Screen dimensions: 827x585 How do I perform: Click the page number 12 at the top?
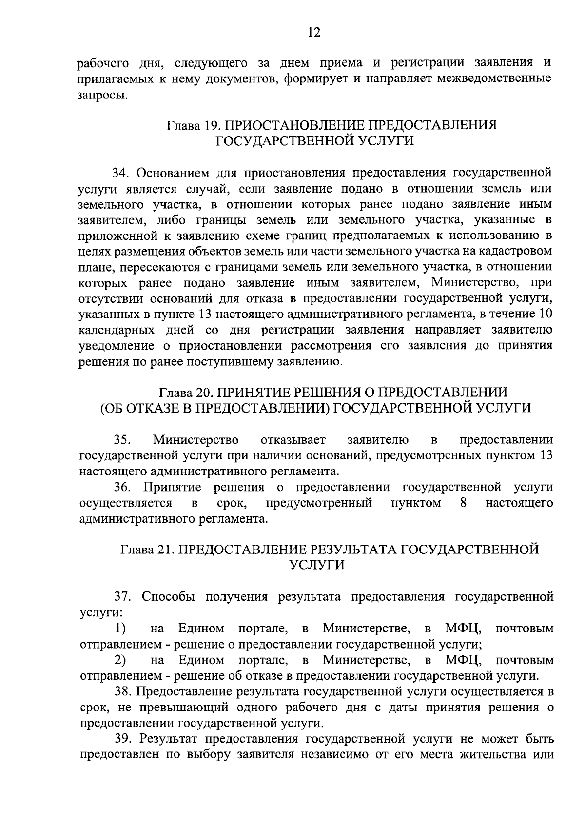coord(313,32)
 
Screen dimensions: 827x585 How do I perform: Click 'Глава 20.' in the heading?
coord(185,392)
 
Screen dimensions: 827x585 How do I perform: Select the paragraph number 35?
coord(122,440)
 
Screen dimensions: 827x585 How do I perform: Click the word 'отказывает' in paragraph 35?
coord(293,440)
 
